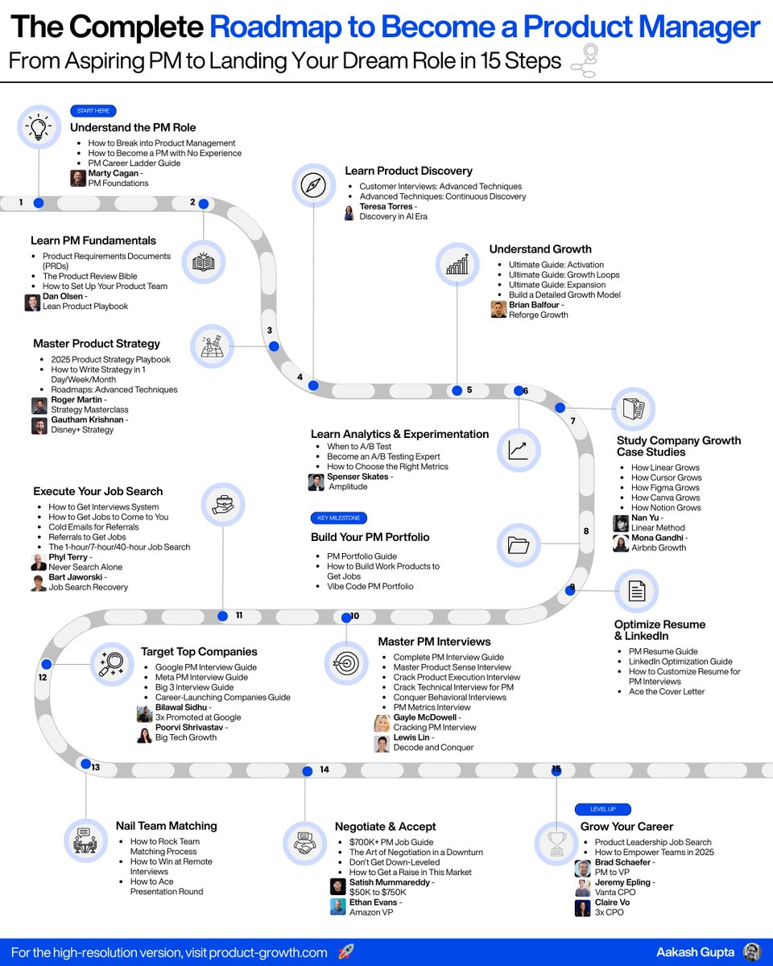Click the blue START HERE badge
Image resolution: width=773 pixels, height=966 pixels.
(x=93, y=111)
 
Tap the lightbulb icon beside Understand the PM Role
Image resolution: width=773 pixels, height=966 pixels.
(x=38, y=127)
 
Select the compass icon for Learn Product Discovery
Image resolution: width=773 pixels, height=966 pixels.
(x=312, y=184)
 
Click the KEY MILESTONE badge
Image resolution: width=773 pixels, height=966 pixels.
(x=338, y=518)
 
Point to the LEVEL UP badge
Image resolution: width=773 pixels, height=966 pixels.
(x=602, y=809)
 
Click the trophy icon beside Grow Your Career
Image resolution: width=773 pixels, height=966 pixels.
(x=556, y=841)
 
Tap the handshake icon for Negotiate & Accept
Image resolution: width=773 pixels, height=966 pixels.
(x=304, y=843)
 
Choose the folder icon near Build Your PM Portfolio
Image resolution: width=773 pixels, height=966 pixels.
(x=518, y=545)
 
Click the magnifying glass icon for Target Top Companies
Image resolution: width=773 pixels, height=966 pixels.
(x=110, y=664)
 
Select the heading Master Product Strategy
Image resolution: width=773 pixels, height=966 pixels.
(x=97, y=344)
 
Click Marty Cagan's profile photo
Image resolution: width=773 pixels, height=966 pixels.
(x=77, y=178)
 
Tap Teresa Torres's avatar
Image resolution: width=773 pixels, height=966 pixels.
(x=349, y=212)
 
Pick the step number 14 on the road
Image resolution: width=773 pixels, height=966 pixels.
(x=324, y=770)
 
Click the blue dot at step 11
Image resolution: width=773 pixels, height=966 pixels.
(x=224, y=616)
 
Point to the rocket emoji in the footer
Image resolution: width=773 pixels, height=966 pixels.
(x=345, y=952)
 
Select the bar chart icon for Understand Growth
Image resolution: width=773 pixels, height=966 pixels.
(x=457, y=263)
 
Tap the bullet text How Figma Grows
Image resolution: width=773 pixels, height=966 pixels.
(x=665, y=488)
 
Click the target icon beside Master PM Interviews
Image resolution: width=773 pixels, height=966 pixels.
(x=346, y=663)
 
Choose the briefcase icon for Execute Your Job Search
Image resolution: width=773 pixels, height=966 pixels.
(x=222, y=504)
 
